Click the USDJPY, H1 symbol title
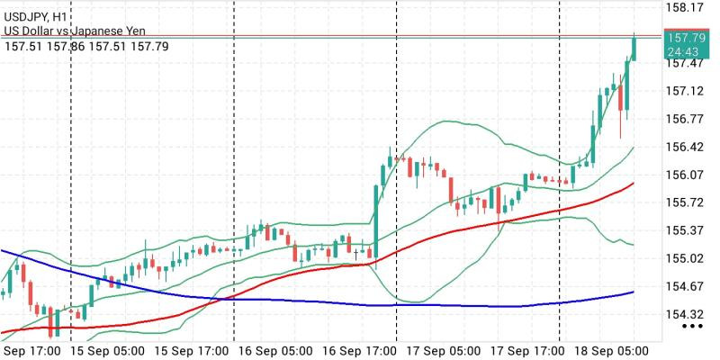point(36,17)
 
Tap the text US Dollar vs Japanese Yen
point(75,31)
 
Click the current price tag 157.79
point(687,38)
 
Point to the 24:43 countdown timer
point(683,50)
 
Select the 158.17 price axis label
point(685,7)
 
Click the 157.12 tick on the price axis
point(685,92)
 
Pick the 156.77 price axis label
point(685,120)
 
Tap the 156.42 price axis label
point(685,148)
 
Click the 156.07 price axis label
point(685,175)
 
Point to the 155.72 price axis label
point(685,202)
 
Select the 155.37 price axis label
point(685,230)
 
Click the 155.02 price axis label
point(685,258)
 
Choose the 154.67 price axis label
point(685,286)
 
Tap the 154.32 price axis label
point(685,314)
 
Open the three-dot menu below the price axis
point(692,327)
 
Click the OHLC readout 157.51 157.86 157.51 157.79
point(86,47)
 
